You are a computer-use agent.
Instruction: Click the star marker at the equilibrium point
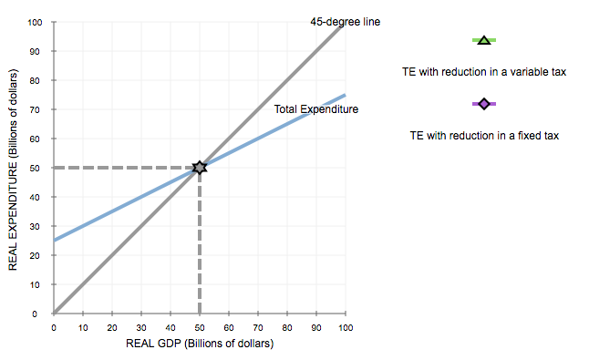[200, 168]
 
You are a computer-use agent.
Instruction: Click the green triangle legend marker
[484, 40]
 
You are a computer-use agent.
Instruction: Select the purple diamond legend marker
[484, 104]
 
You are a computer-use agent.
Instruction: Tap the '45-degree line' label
[345, 21]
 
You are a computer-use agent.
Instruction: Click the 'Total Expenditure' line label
[316, 109]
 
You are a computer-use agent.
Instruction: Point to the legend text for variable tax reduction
[484, 71]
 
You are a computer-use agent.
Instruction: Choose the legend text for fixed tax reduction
[484, 135]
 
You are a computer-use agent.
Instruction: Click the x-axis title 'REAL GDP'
[200, 344]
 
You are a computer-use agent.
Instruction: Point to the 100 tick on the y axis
[35, 22]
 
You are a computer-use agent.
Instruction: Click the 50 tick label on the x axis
[200, 325]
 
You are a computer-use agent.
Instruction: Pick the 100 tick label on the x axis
[346, 325]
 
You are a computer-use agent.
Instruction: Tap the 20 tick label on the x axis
[112, 325]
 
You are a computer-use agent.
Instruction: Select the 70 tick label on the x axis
[258, 325]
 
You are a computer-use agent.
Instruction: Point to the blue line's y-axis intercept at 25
[55, 241]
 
